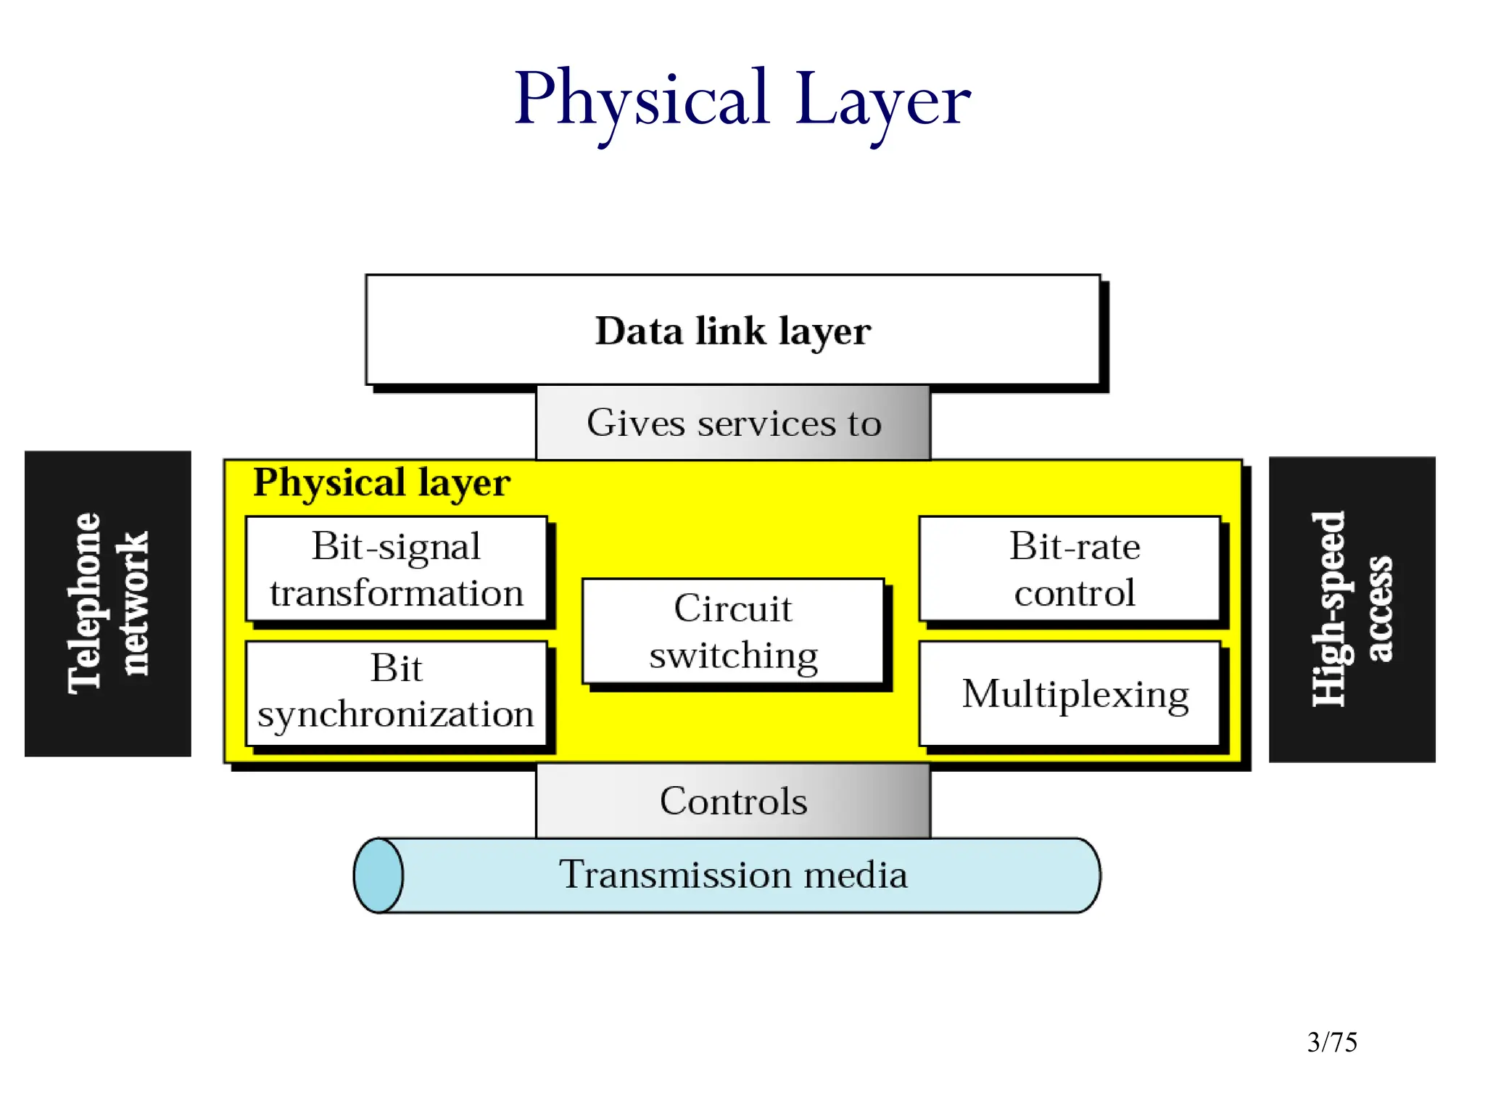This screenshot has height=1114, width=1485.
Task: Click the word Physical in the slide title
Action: (641, 100)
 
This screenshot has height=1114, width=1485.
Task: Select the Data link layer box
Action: (732, 330)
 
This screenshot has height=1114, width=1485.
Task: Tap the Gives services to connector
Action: (733, 423)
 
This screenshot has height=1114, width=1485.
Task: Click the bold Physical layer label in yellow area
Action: (381, 482)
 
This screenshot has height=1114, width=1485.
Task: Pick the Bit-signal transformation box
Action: (396, 569)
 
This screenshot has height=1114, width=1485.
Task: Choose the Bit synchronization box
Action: (396, 693)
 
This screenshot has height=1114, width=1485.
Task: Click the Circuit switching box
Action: (733, 630)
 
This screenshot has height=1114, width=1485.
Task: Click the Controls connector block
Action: (733, 801)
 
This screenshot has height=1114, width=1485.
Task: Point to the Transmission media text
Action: (733, 875)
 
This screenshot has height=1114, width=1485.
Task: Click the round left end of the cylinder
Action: (378, 875)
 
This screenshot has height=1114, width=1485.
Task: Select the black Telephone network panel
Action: (108, 603)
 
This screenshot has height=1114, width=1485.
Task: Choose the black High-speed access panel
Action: (1352, 609)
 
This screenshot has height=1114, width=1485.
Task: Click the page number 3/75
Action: (1332, 1042)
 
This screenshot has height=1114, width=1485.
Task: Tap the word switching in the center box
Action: (733, 656)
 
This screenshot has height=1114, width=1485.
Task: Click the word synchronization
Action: (396, 715)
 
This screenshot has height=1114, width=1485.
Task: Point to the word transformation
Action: (396, 593)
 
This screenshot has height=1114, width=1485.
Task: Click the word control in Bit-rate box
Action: (1074, 593)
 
